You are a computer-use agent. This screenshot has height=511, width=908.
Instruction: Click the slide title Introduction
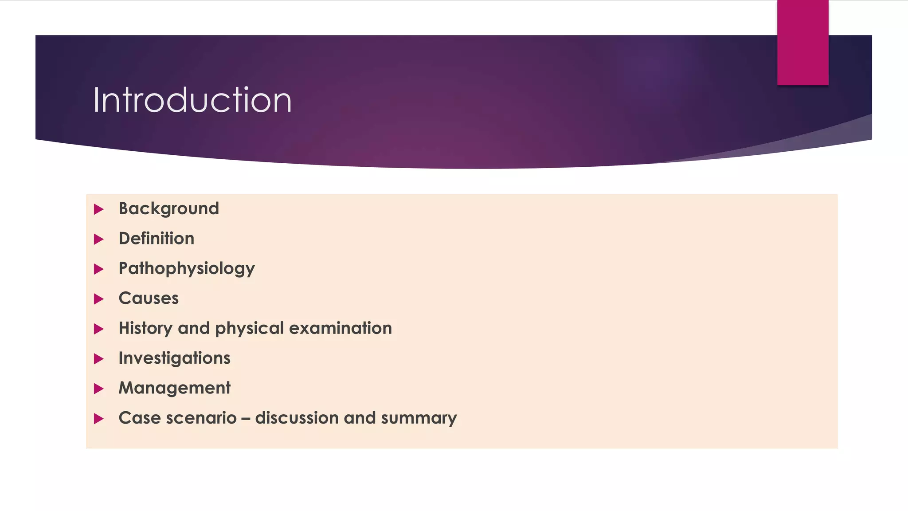click(192, 100)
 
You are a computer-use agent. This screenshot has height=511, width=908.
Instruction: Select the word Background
click(168, 209)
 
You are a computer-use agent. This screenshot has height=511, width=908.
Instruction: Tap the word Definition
click(156, 239)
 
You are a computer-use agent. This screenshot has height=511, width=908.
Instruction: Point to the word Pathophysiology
click(187, 269)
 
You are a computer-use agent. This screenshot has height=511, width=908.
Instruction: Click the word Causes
click(149, 299)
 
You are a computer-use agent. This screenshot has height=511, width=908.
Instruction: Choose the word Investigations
click(174, 358)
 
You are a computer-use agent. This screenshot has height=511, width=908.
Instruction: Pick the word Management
click(174, 388)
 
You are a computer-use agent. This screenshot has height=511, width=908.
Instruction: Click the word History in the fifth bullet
click(145, 329)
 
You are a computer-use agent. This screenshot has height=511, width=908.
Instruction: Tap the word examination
click(340, 329)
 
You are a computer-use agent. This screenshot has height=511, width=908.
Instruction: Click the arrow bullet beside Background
click(99, 209)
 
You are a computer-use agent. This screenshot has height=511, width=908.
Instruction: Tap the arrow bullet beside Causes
click(99, 299)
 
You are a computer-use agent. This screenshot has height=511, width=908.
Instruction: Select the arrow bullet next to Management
click(99, 389)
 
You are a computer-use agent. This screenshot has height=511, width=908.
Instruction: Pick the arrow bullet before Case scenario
click(99, 419)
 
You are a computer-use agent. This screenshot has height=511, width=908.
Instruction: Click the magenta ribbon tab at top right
click(802, 43)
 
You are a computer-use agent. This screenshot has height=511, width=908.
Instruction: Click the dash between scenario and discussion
click(246, 419)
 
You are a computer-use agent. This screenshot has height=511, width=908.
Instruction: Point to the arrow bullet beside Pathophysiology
click(99, 269)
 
